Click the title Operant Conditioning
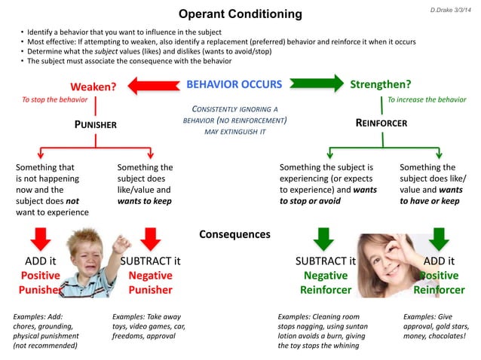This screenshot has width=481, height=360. tap(240, 14)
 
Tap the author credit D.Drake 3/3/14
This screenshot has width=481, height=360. tap(447, 9)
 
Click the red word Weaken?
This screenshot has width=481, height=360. tap(93, 87)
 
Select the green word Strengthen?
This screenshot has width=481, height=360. tap(380, 84)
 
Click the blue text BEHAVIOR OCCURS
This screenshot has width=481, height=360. tap(234, 84)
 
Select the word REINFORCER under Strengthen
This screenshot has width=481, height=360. tap(381, 123)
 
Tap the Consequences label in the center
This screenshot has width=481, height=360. tap(234, 234)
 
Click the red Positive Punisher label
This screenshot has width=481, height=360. tap(41, 282)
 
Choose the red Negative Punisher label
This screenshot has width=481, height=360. tap(150, 282)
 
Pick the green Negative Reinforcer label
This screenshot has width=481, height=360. tap(325, 282)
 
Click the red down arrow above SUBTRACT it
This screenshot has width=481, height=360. tap(151, 239)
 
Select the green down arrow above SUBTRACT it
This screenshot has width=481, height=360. tap(324, 239)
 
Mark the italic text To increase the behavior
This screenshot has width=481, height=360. tap(426, 99)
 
